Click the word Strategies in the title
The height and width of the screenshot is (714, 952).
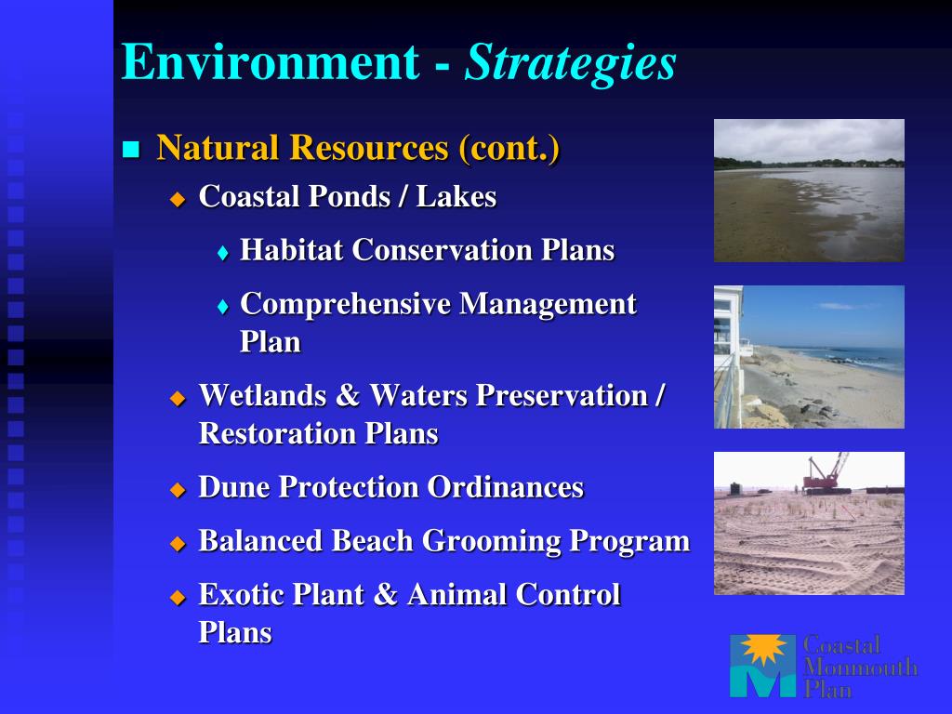tap(570, 63)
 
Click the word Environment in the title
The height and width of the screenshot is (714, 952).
tap(271, 61)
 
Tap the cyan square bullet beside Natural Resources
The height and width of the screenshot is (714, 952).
tap(131, 149)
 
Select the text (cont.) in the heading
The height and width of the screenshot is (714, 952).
tap(509, 148)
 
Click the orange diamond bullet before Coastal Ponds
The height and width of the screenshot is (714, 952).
tap(178, 199)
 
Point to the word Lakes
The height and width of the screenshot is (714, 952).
tap(456, 197)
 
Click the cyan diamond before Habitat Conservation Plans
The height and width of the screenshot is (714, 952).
tap(223, 253)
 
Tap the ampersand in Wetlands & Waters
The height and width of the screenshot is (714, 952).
tap(348, 395)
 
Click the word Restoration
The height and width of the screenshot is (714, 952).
tap(277, 433)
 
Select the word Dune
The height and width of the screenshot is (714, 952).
tap(234, 487)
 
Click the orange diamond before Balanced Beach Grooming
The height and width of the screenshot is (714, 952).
tap(178, 543)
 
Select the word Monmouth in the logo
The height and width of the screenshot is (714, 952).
tap(860, 668)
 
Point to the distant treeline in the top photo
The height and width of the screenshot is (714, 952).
tap(809, 164)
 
